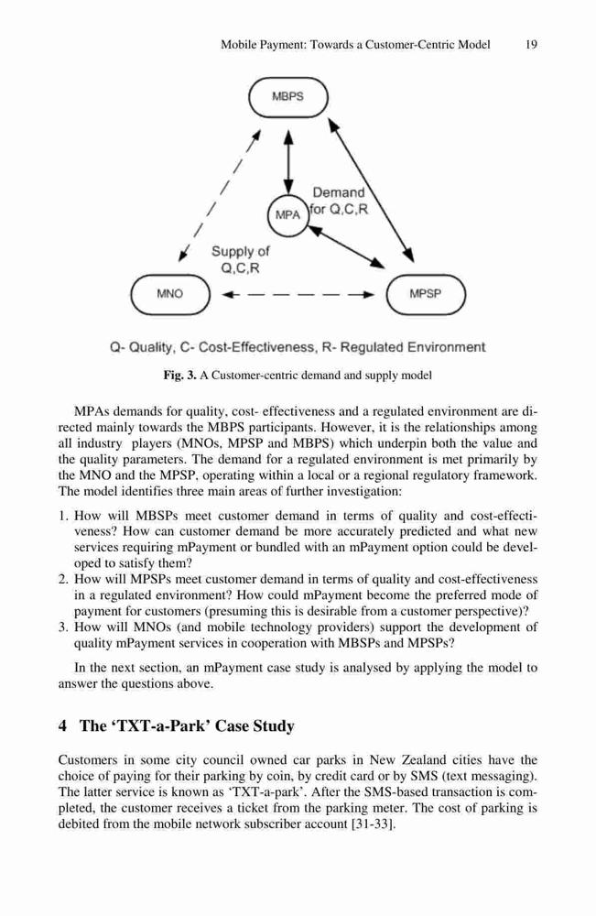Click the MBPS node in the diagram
pos(288,98)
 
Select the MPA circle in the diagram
pos(287,215)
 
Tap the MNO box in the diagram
pos(170,294)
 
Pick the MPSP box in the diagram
pos(426,294)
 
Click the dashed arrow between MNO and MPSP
pos(298,294)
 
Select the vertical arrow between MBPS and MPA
pos(287,161)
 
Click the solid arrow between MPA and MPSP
pos(347,247)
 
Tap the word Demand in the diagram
pos(339,192)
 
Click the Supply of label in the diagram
pos(241,252)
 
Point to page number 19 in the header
pos(531,44)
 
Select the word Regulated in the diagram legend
pos(372,347)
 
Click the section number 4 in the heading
pos(62,726)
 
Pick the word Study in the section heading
pos(275,726)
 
